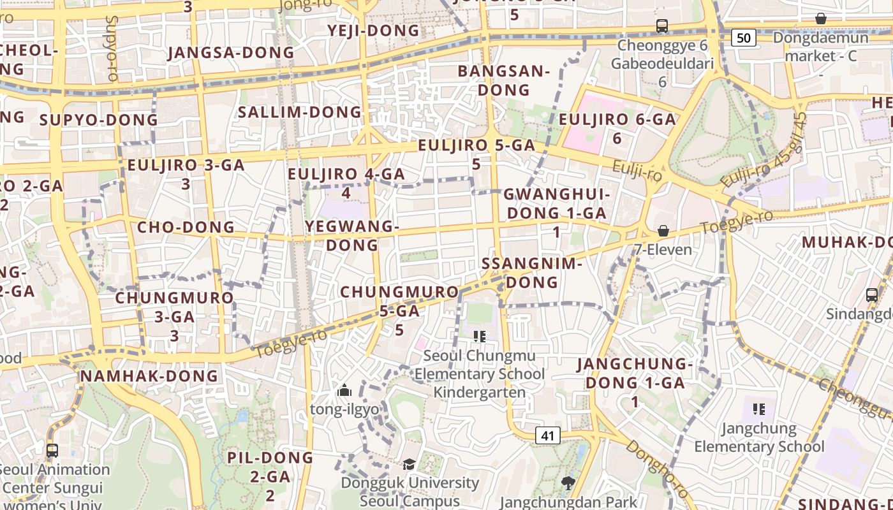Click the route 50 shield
[x=743, y=38]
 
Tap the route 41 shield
[x=547, y=435]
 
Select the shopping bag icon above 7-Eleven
[x=663, y=231]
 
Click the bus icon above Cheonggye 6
[x=662, y=26]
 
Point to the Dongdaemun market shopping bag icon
[x=821, y=19]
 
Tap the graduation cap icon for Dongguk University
[x=409, y=464]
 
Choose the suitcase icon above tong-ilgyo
[x=344, y=390]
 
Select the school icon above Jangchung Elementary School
[x=758, y=409]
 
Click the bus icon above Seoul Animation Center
[x=52, y=451]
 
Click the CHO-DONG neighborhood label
[x=186, y=227]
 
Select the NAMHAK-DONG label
[x=149, y=376]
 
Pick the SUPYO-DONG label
[x=99, y=120]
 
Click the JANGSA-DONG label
[x=231, y=52]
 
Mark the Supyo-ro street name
[x=112, y=48]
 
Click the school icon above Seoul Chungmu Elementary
[x=479, y=336]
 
